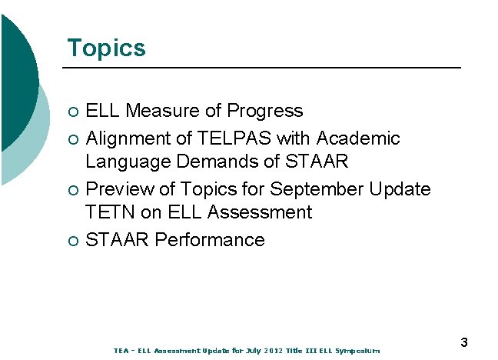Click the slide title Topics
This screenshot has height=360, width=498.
click(106, 48)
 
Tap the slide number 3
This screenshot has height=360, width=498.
click(464, 342)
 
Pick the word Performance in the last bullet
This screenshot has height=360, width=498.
click(209, 240)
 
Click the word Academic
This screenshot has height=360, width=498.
click(358, 138)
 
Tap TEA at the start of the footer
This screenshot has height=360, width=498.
click(121, 351)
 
